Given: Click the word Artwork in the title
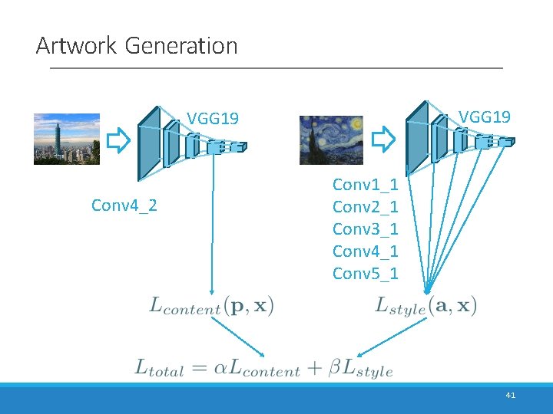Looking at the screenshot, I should [75, 46].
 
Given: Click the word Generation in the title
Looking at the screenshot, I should [180, 46].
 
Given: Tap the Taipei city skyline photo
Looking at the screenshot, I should [67, 139].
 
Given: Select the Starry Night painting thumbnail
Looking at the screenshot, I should [331, 140].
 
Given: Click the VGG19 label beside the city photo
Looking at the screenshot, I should [214, 119].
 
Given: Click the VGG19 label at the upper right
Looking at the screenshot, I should [485, 117].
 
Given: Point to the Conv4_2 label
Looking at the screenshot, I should [124, 205].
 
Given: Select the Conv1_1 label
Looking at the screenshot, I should [365, 185].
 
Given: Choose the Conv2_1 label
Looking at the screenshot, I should [365, 207].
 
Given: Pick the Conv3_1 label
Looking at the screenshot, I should [365, 229].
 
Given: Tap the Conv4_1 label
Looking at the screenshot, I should [365, 251].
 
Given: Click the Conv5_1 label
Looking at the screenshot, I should [365, 274].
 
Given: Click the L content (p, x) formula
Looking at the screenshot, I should [211, 307].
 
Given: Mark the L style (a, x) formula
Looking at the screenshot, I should [426, 307].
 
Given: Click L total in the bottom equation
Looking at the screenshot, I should [160, 368].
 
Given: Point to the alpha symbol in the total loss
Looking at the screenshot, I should [220, 367].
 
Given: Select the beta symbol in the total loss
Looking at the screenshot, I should [335, 368].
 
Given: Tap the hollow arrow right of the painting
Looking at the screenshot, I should [382, 140].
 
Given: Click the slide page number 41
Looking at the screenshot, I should [511, 395].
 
